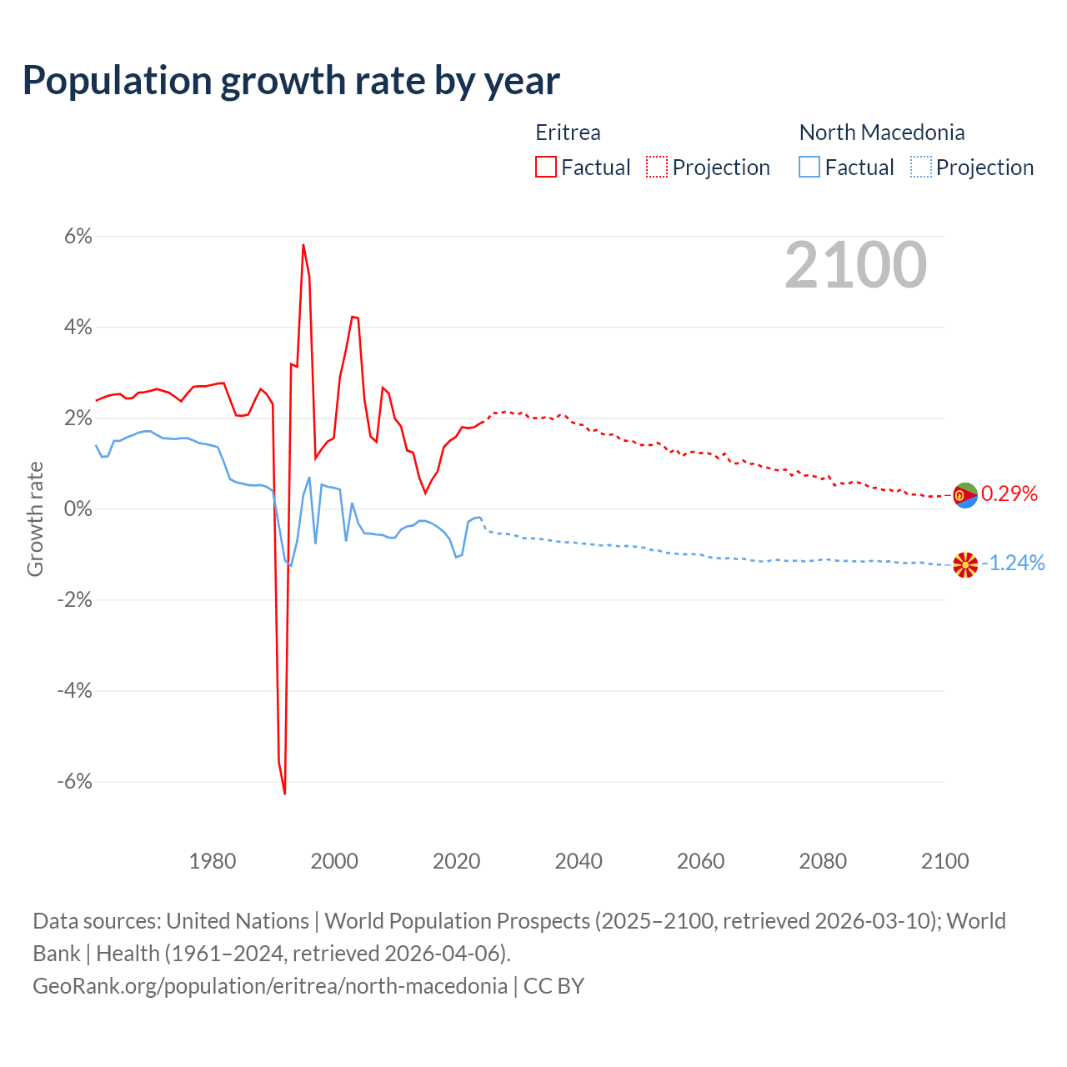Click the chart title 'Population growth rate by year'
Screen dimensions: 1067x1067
pos(291,81)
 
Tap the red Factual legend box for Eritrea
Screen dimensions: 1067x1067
pos(546,168)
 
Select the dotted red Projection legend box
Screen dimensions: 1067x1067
pos(657,168)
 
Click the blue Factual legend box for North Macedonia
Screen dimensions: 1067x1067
pos(809,168)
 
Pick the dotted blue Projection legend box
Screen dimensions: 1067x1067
pos(920,168)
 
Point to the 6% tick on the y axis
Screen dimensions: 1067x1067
pos(78,237)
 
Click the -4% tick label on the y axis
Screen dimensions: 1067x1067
pos(74,691)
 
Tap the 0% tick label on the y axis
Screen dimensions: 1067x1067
pos(78,509)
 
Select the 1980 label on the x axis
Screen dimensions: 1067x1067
pos(213,861)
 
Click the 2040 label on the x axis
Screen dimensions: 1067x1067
pos(579,861)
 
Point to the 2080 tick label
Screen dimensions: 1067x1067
pos(823,861)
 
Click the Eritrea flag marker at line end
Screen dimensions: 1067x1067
pos(964,495)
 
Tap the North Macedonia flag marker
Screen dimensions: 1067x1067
pos(964,565)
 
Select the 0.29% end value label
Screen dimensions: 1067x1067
pos(1009,494)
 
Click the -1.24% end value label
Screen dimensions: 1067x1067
pos(1013,564)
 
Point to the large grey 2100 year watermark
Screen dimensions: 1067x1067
pos(856,265)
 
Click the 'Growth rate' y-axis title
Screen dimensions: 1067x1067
pos(35,518)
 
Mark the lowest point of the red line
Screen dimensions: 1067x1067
pos(284,793)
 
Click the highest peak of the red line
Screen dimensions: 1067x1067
pos(303,244)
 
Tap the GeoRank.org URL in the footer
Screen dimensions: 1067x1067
pos(270,986)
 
